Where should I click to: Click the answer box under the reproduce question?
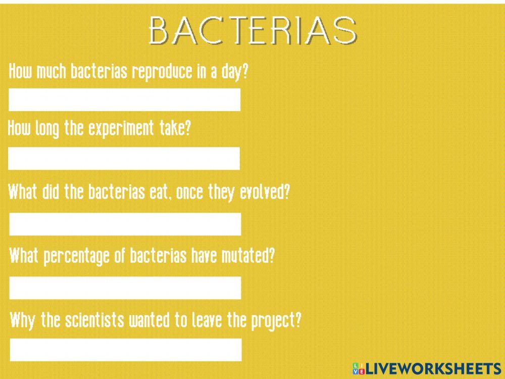click(x=124, y=100)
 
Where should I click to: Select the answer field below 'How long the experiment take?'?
click(x=124, y=158)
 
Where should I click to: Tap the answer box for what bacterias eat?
click(x=125, y=224)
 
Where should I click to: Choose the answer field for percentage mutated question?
click(x=125, y=288)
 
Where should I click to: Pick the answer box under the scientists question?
click(x=125, y=350)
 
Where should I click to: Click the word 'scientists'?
click(x=94, y=320)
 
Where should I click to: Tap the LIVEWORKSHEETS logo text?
click(x=432, y=368)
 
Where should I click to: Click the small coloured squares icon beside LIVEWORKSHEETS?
click(x=358, y=368)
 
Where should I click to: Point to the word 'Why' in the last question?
click(x=21, y=320)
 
